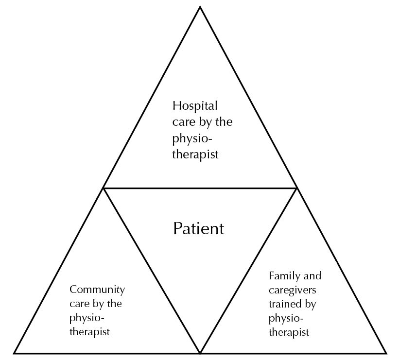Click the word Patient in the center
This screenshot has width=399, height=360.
tap(199, 228)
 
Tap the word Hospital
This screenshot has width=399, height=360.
tap(195, 105)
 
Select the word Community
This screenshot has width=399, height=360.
tap(97, 290)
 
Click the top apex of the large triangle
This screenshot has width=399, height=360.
tap(200, 7)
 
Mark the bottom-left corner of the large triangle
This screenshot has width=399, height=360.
tap(14, 353)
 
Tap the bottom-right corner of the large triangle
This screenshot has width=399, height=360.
tap(386, 353)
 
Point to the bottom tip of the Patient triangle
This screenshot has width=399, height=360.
tap(200, 352)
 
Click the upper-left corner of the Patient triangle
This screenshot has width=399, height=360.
tap(104, 188)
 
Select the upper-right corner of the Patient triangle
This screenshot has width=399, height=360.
tap(296, 188)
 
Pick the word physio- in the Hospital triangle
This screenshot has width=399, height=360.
tap(192, 138)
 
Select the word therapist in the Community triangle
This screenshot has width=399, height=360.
tap(89, 332)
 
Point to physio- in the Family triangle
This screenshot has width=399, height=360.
tap(286, 319)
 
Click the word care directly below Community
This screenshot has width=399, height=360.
tap(80, 304)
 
